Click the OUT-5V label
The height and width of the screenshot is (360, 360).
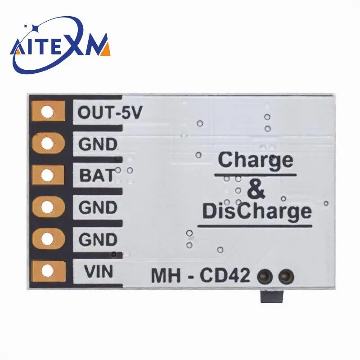pyautogui.click(x=110, y=112)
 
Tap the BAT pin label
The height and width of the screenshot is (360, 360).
pyautogui.click(x=97, y=175)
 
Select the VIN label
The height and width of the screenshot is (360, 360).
pyautogui.click(x=99, y=271)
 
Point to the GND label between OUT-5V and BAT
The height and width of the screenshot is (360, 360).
pyautogui.click(x=98, y=144)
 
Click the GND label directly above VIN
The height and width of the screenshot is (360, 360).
pyautogui.click(x=98, y=239)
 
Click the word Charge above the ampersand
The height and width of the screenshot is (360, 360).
pyautogui.click(x=255, y=160)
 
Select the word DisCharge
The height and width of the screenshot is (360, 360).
pyautogui.click(x=256, y=211)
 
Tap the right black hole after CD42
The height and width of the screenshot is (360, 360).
pyautogui.click(x=285, y=275)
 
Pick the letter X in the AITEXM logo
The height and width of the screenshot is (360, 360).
pyautogui.click(x=82, y=45)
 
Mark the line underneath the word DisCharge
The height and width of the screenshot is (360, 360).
pyautogui.click(x=255, y=225)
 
